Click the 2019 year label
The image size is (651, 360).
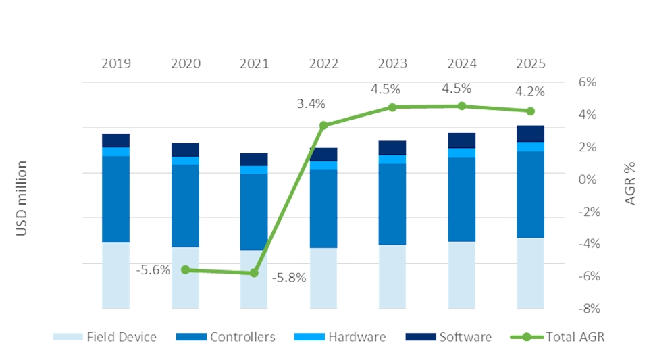115,64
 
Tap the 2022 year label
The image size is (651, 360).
323,64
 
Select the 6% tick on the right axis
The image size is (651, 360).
588,82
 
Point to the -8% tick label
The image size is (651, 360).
586,309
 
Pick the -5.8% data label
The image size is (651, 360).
289,278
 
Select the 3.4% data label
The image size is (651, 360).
311,104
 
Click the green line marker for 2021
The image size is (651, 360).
255,273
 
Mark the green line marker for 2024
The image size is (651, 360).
462,106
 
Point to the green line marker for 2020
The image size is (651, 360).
186,269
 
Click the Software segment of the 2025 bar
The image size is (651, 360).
531,134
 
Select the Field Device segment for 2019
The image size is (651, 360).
115,276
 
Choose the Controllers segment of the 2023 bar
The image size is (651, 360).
392,204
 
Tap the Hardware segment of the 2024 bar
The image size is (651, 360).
462,153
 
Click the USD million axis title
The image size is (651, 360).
22,199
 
